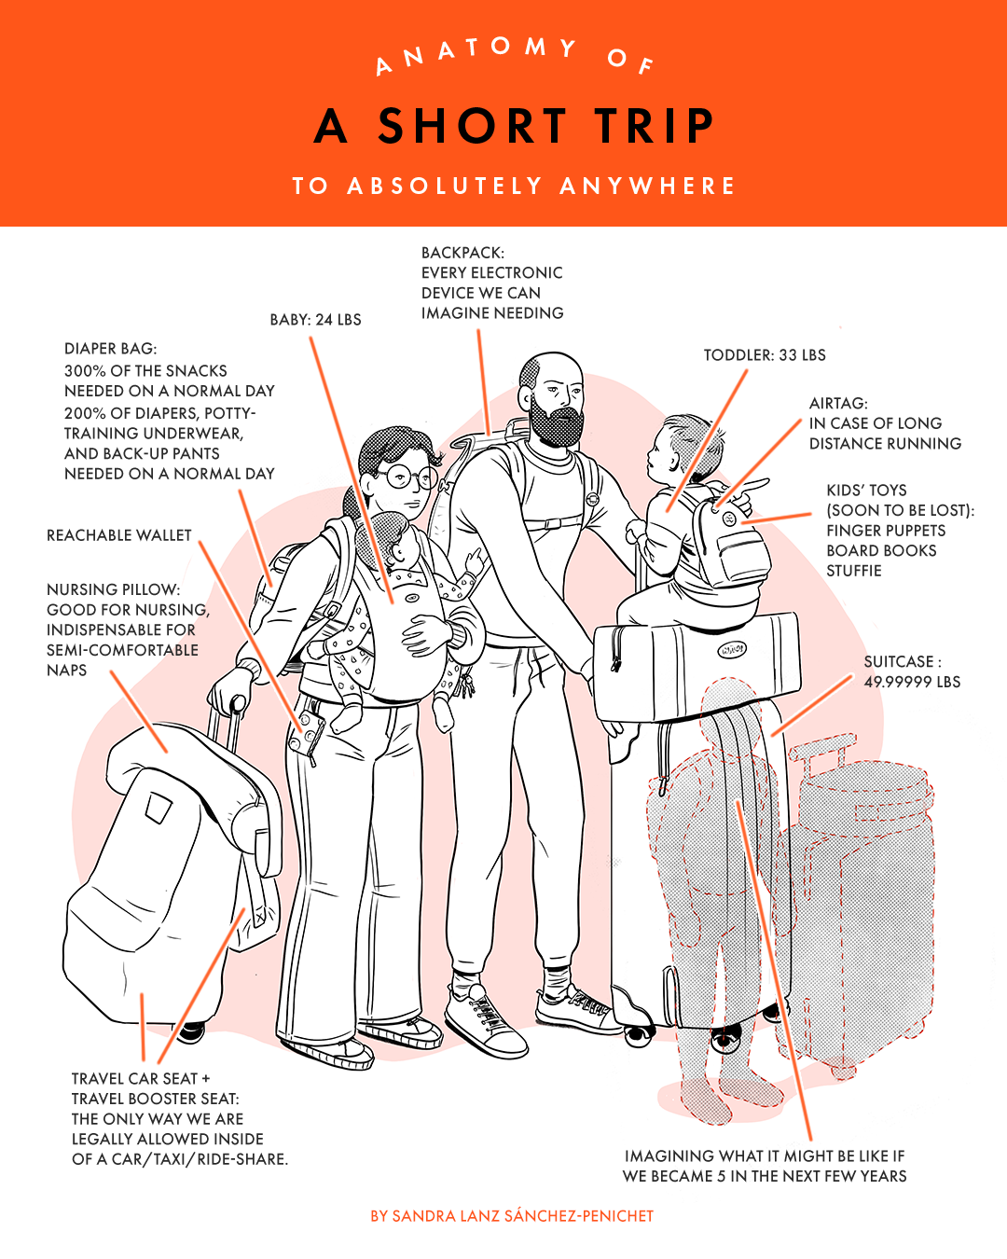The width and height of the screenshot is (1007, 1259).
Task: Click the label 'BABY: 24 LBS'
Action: tap(315, 320)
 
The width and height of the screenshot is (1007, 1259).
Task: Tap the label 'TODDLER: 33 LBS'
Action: tap(765, 355)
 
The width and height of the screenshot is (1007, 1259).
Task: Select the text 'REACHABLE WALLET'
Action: tap(118, 535)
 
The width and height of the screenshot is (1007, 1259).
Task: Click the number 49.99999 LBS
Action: tap(912, 682)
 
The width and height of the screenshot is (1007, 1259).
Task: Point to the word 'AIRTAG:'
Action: tap(838, 403)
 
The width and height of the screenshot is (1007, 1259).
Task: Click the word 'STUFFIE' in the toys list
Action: tap(854, 571)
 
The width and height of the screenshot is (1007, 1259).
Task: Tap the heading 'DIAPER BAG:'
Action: tap(111, 349)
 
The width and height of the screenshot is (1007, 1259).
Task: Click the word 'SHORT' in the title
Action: tap(473, 125)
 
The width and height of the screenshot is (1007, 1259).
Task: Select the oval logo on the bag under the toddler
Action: tap(731, 649)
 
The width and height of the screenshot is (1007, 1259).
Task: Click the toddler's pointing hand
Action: tap(751, 491)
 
